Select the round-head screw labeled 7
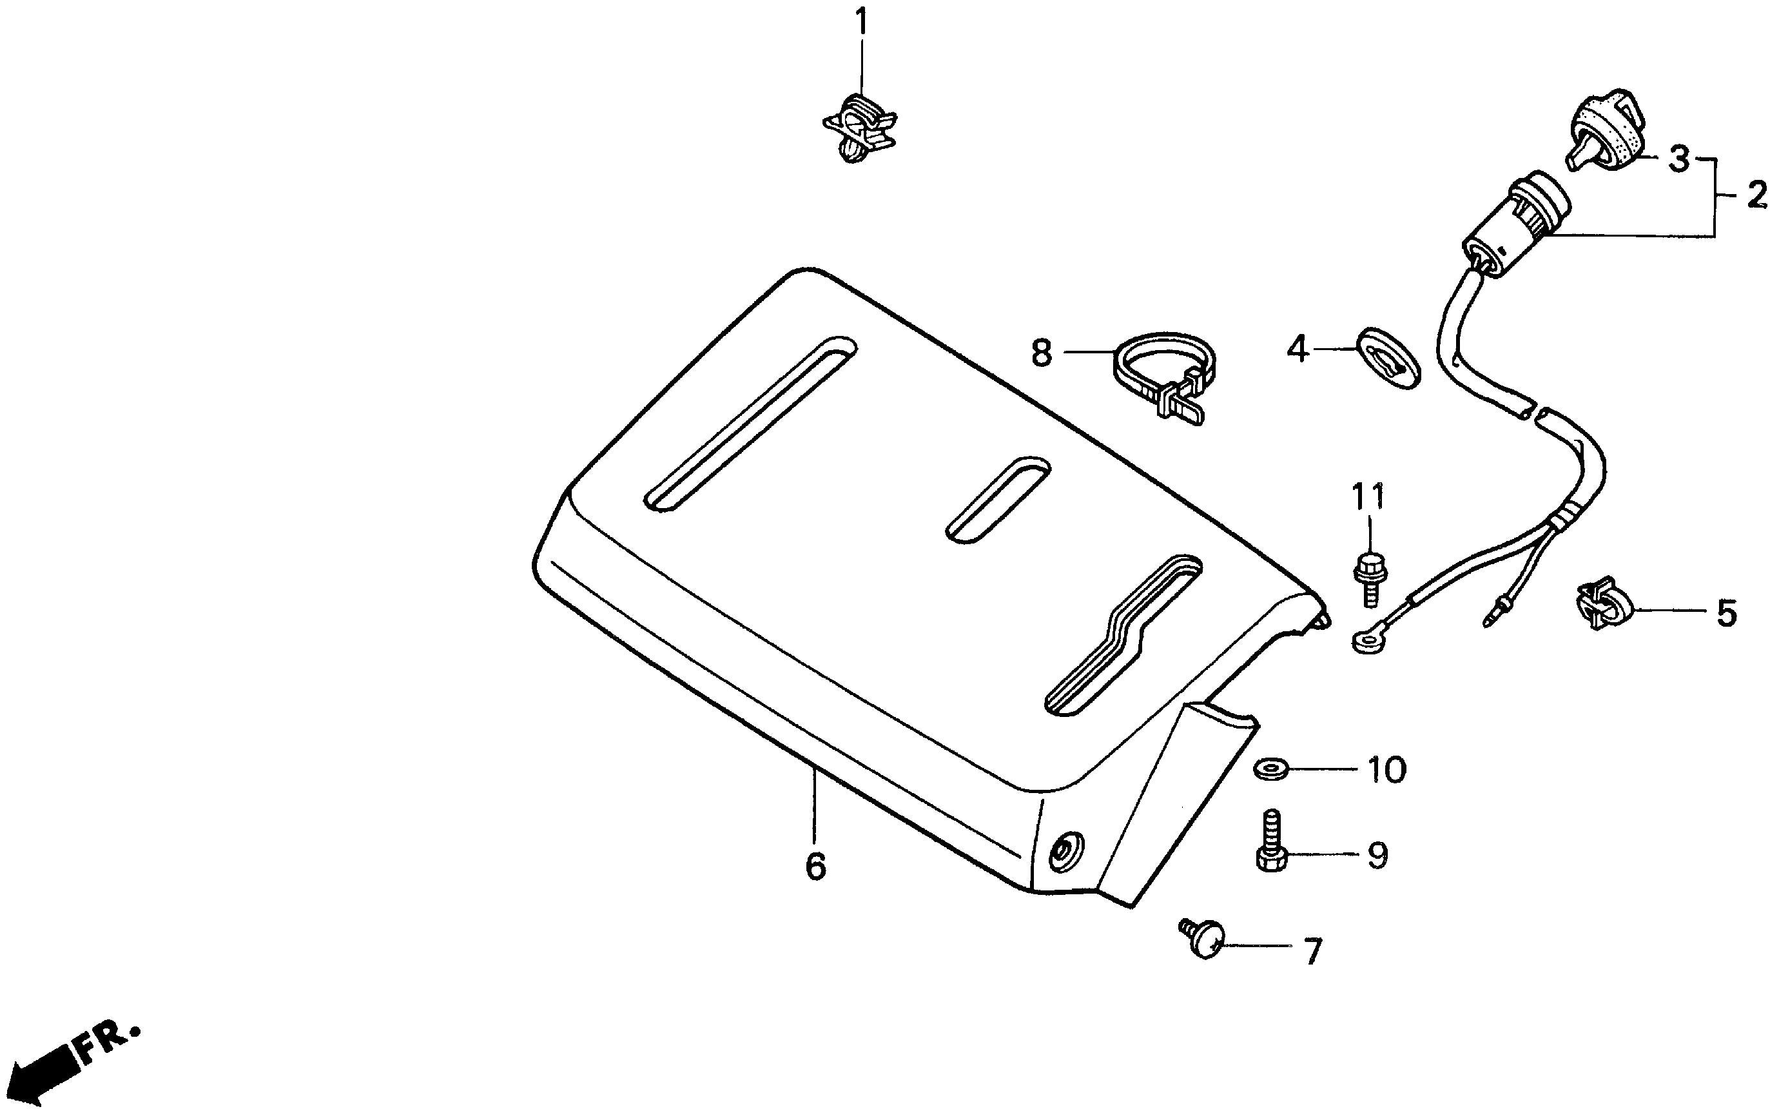pos(1202,939)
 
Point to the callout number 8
pos(1041,353)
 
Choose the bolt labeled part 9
pos(1272,841)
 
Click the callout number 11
pos(1368,497)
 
